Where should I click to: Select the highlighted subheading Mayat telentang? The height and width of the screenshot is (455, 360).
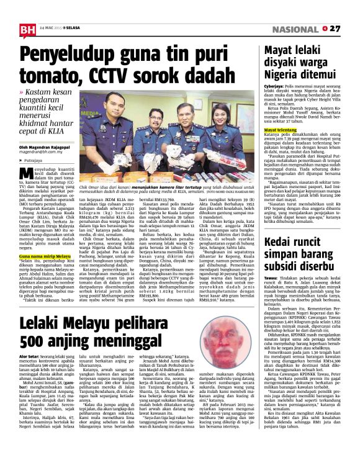coord(281,129)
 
